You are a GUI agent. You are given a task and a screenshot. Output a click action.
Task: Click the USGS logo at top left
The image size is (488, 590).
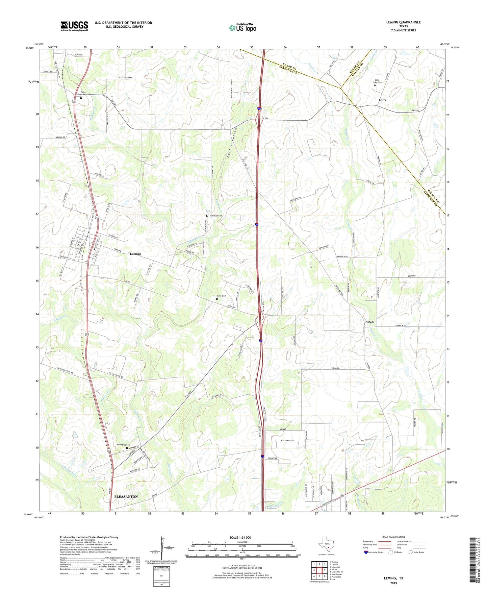click(74, 26)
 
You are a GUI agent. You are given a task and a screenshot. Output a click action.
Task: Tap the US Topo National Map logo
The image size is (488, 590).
click(242, 28)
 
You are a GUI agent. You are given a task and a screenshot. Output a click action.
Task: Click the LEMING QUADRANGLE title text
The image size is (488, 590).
click(403, 22)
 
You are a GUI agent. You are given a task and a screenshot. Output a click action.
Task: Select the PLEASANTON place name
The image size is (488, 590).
click(126, 497)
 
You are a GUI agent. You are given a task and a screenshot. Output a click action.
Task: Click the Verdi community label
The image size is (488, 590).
click(370, 322)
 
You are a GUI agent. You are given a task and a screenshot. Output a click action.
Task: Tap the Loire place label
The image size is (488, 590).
click(382, 100)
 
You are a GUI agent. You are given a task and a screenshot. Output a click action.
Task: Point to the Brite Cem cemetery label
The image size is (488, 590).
click(222, 296)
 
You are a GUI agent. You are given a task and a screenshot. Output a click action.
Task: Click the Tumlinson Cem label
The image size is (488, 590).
click(216, 216)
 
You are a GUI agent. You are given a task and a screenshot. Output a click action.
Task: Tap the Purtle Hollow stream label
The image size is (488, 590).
click(231, 144)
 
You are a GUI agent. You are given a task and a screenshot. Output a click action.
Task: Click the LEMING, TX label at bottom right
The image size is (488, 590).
click(393, 578)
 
